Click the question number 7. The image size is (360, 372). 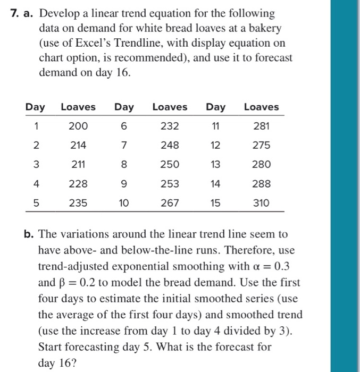tap(14, 13)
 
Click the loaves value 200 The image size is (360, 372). tap(78, 126)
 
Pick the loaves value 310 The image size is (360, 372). tap(261, 202)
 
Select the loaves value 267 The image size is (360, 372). tap(170, 202)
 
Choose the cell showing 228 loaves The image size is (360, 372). tap(78, 183)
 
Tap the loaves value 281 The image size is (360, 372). tap(261, 126)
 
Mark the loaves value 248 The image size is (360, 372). tap(170, 145)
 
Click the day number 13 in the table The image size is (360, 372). tap(215, 164)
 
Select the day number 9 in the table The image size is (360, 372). tap(124, 183)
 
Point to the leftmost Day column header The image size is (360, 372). tap(35, 107)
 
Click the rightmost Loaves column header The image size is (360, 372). tap(261, 107)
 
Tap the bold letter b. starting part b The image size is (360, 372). tap(29, 234)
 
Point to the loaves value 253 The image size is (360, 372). tap(170, 183)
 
